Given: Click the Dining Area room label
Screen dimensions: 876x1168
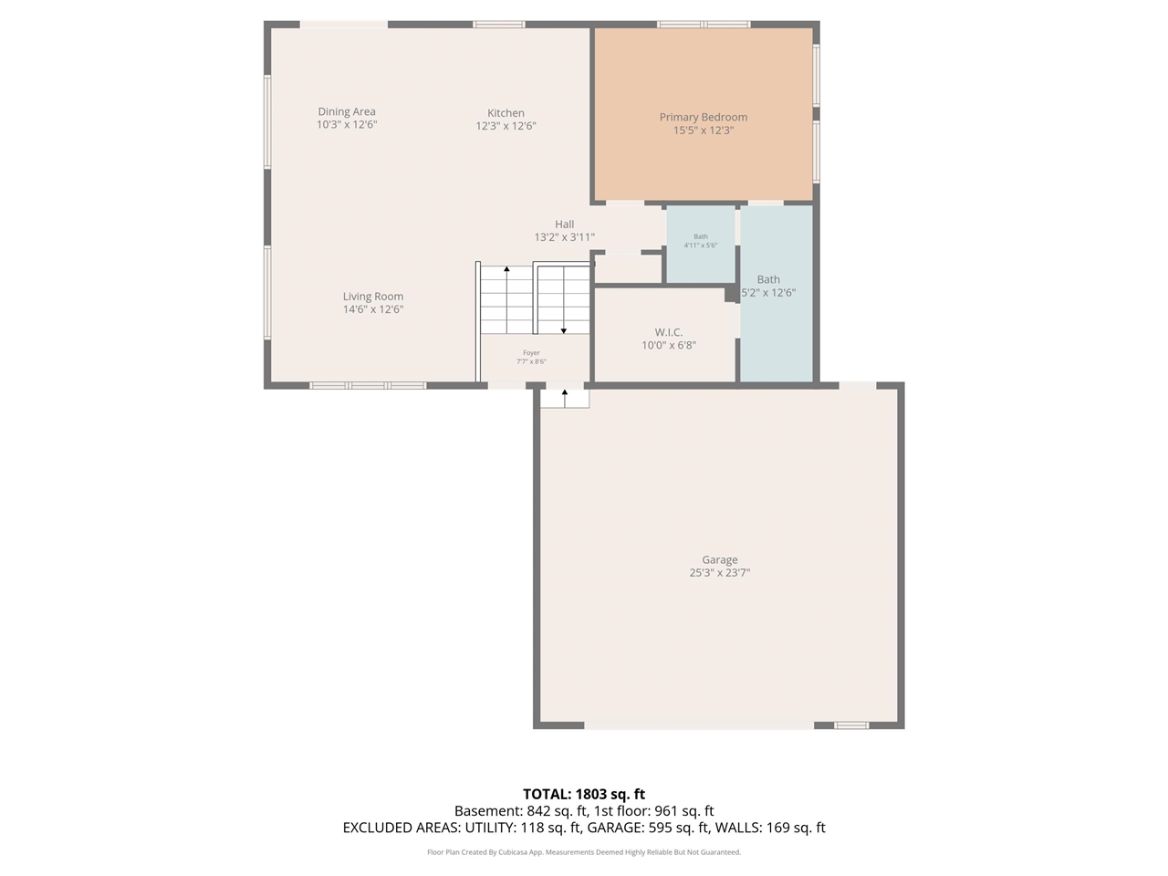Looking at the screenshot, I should [x=347, y=111].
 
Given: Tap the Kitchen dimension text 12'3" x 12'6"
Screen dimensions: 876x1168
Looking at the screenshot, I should [x=506, y=127].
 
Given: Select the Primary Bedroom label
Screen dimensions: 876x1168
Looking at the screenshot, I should [x=703, y=117].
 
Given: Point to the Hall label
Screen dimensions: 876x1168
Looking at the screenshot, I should [x=564, y=224].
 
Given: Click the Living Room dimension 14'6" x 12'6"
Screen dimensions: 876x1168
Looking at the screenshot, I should [x=372, y=309].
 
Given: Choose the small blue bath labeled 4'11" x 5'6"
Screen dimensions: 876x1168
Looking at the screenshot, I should [x=700, y=242].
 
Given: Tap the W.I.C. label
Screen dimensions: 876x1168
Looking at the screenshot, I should [x=668, y=332].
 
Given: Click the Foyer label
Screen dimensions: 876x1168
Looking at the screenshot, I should [x=531, y=353].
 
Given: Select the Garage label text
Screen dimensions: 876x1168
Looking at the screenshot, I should [x=719, y=560].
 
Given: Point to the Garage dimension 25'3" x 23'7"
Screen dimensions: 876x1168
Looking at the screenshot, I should [x=719, y=573].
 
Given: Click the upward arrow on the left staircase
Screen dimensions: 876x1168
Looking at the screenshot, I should [x=506, y=270].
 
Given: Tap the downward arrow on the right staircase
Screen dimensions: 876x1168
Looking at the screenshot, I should [x=563, y=329].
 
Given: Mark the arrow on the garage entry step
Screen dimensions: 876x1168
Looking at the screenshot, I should [x=565, y=394].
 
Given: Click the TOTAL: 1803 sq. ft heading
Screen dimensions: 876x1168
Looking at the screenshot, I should [x=584, y=794].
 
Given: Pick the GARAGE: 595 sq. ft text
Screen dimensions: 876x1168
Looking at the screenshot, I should [x=647, y=828].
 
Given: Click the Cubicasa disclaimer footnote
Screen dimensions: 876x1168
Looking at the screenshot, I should [x=584, y=852].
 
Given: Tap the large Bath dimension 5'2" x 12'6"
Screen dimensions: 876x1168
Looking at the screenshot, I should [x=768, y=293].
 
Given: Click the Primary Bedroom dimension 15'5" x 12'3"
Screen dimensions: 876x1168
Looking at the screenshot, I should [x=703, y=130].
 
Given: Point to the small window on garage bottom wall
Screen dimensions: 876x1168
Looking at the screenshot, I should [x=851, y=725].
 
